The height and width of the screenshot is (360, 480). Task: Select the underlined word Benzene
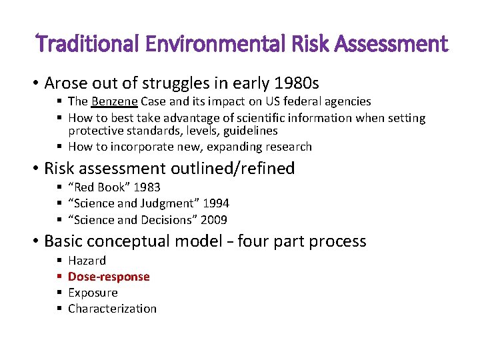coord(115,102)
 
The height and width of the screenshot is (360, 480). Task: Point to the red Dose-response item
coord(109,277)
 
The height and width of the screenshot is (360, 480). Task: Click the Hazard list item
coord(87,261)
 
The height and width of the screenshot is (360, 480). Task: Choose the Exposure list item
coord(93,293)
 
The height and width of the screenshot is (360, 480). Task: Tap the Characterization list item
coord(112,309)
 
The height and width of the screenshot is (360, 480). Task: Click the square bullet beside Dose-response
coord(59,277)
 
